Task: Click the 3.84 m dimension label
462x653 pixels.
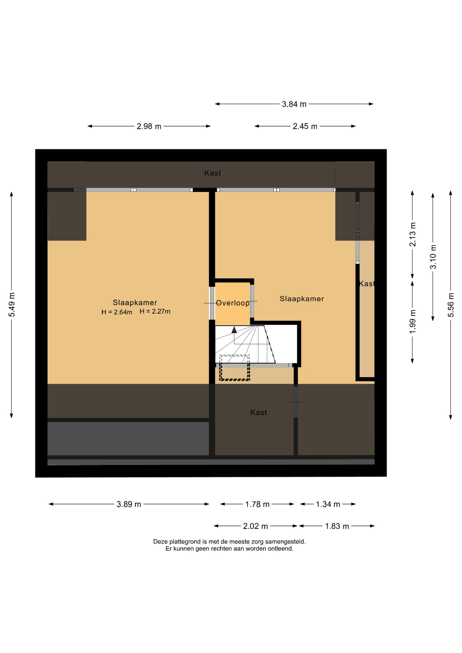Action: pyautogui.click(x=294, y=104)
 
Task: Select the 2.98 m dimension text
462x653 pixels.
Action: pyautogui.click(x=149, y=127)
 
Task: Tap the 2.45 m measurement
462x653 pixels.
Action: pyautogui.click(x=305, y=127)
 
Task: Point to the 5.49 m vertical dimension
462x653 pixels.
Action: pyautogui.click(x=12, y=305)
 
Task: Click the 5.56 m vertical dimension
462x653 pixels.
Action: pyautogui.click(x=451, y=305)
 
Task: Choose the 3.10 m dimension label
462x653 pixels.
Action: pyautogui.click(x=433, y=257)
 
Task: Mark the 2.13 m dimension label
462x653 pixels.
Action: pyautogui.click(x=413, y=234)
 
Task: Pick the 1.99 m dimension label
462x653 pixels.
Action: pyautogui.click(x=413, y=322)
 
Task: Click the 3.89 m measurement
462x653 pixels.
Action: pyautogui.click(x=129, y=504)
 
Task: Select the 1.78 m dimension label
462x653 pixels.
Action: pyautogui.click(x=257, y=504)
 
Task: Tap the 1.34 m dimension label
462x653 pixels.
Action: pyautogui.click(x=328, y=504)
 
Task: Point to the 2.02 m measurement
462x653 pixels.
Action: pyautogui.click(x=255, y=526)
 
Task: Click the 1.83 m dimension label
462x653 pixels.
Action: pyautogui.click(x=337, y=526)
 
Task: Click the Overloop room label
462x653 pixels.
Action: pyautogui.click(x=233, y=303)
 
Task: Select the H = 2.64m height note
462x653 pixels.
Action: pyautogui.click(x=117, y=312)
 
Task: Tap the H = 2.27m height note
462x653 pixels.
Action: pyautogui.click(x=155, y=311)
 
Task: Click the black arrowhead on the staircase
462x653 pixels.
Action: pyautogui.click(x=234, y=330)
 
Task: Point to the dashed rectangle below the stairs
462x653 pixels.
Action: pyautogui.click(x=234, y=368)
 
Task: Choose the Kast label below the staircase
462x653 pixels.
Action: pyautogui.click(x=259, y=413)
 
